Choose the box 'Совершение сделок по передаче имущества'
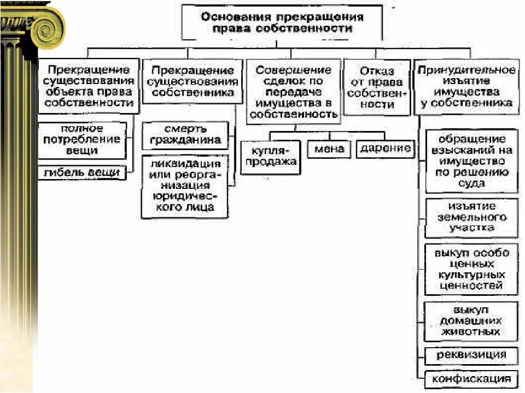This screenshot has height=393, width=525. (294, 92)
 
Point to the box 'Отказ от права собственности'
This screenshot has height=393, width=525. (377, 87)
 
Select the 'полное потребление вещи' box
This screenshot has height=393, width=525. (83, 140)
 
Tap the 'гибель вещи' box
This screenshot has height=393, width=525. (83, 173)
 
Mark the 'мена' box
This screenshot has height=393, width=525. (329, 149)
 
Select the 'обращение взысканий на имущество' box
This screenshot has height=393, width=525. (471, 161)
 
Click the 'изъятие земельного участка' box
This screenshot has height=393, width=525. (471, 217)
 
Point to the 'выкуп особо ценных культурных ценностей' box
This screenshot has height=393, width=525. (471, 269)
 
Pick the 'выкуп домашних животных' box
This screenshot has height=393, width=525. (471, 320)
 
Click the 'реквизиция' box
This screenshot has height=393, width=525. (471, 355)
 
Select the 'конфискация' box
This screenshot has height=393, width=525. (471, 379)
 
